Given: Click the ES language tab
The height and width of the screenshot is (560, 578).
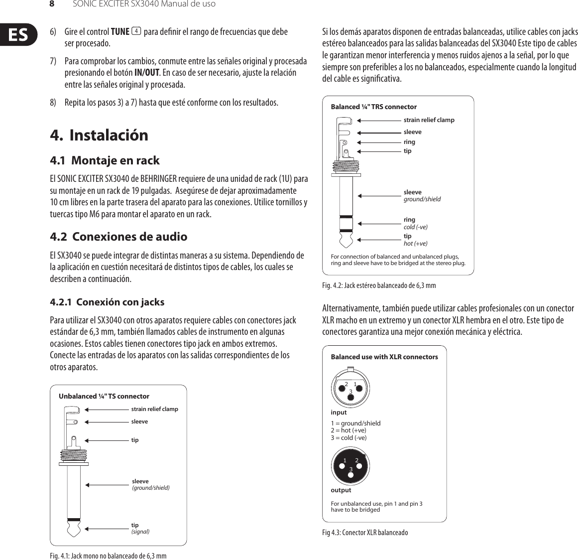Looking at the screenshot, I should [x=18, y=34].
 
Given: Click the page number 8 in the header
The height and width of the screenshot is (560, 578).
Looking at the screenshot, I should [x=51, y=4].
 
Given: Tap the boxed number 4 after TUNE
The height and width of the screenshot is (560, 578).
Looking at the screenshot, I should [x=136, y=32].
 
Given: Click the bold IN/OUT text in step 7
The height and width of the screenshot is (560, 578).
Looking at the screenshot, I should [x=146, y=73].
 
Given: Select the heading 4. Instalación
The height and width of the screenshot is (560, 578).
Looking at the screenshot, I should [x=99, y=135].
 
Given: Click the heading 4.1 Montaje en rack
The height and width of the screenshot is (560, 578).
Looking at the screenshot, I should [x=105, y=160].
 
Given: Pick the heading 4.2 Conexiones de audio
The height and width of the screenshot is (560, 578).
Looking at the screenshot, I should [x=118, y=237].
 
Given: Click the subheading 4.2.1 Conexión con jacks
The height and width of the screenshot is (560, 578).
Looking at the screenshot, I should [x=107, y=302].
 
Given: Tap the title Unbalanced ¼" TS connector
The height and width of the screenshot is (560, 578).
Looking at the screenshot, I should [x=104, y=397].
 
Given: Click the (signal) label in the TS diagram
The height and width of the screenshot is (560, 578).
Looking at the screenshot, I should [x=140, y=532].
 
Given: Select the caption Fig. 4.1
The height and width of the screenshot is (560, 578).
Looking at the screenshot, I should [x=108, y=556].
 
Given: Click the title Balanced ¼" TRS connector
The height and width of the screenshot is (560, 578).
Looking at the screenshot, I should [x=373, y=107].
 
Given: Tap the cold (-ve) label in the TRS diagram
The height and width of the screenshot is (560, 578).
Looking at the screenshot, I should [x=415, y=227].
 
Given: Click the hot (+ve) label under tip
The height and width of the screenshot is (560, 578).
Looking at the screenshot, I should [x=415, y=244].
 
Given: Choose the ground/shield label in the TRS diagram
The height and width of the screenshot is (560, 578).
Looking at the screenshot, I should [x=422, y=199].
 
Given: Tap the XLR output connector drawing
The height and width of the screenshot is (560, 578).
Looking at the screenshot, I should [x=350, y=465].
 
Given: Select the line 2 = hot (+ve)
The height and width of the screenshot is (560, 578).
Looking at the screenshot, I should [x=348, y=430].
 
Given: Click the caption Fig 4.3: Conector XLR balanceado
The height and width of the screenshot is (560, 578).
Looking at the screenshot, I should [x=365, y=533].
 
